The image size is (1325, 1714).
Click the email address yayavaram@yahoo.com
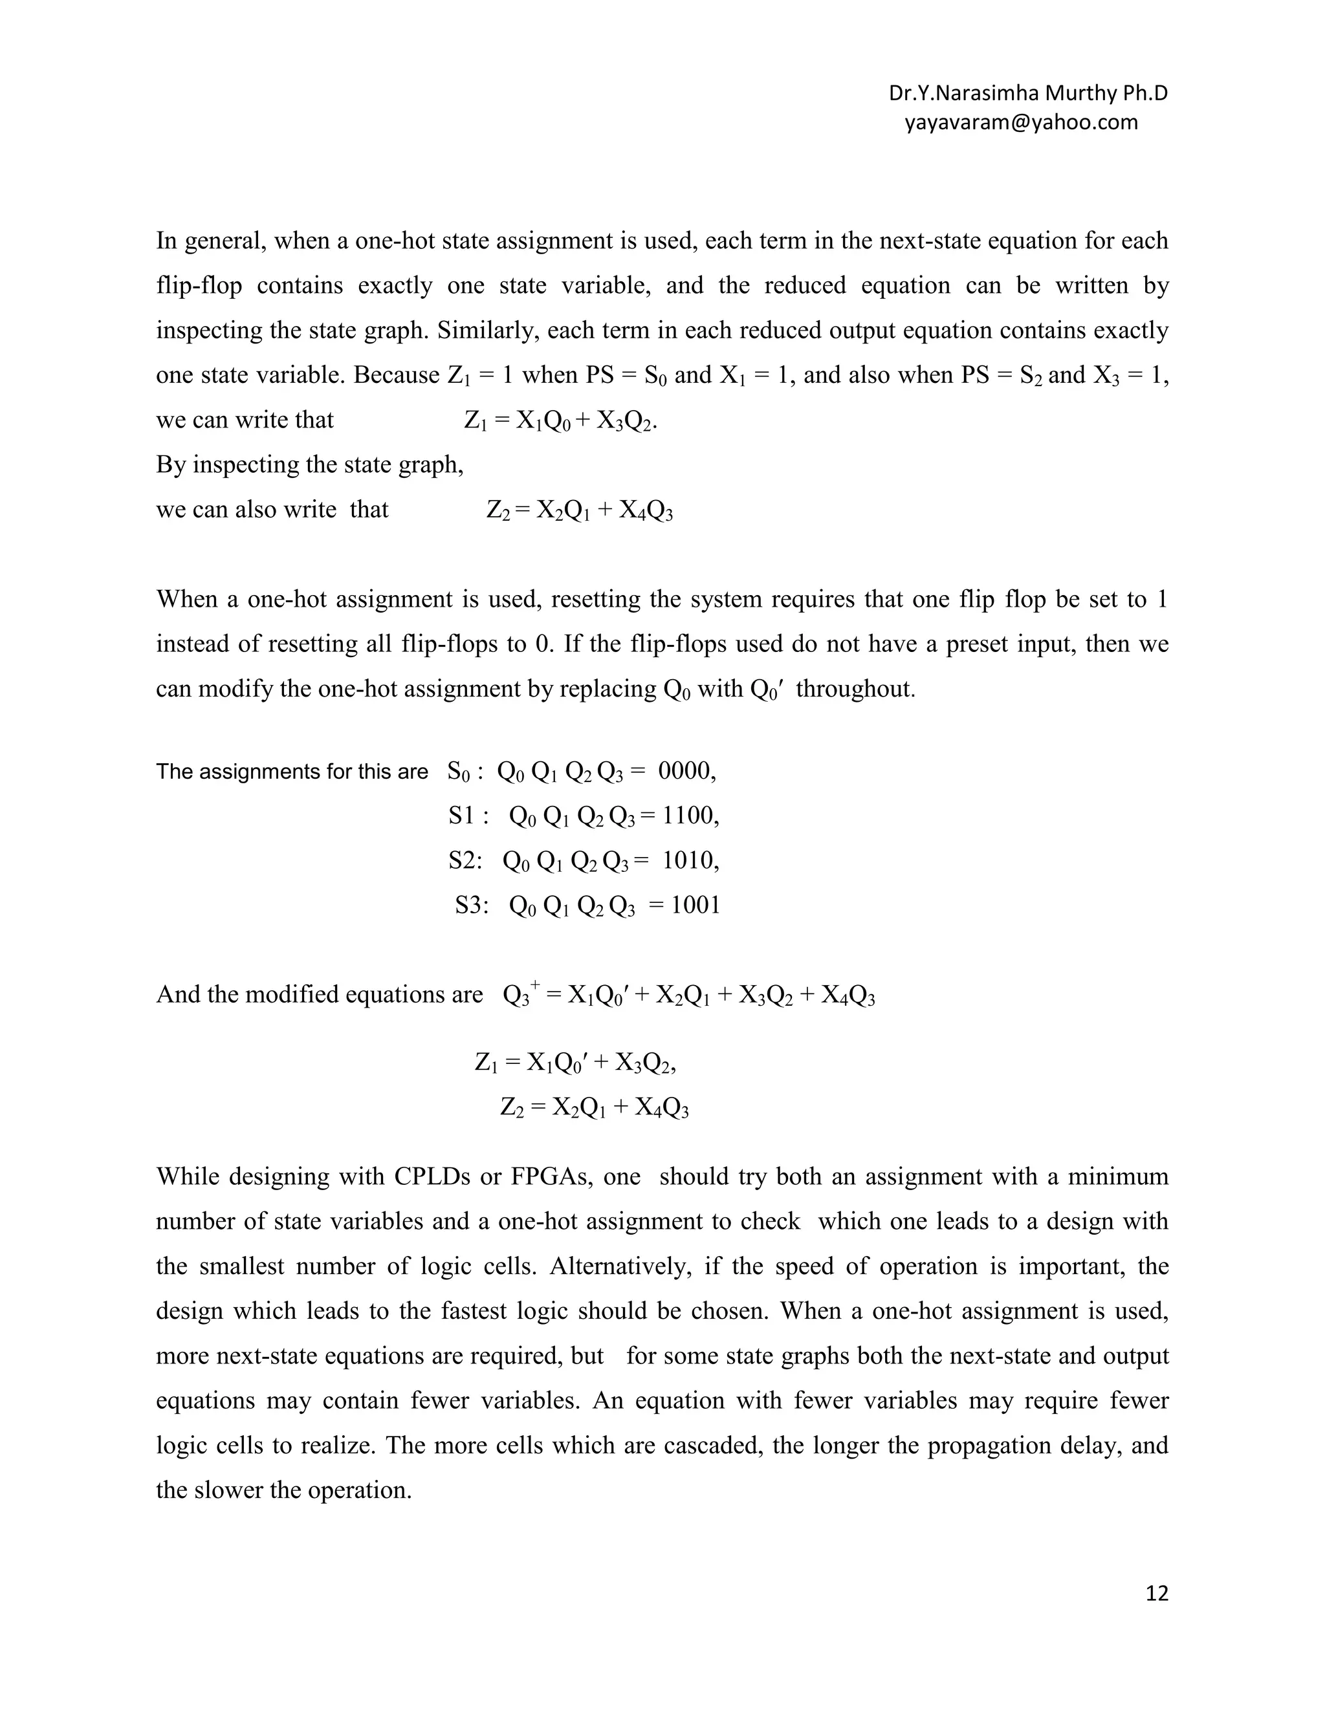tap(1020, 122)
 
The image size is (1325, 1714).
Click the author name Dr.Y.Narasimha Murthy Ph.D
tap(1027, 93)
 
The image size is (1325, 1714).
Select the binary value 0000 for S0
tap(684, 772)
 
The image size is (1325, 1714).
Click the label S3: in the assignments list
tap(472, 906)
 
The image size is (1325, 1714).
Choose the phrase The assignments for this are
tap(292, 772)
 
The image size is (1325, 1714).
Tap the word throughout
tap(855, 689)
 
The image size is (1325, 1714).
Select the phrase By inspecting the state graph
tap(309, 464)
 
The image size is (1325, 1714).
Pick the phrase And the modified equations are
tap(320, 994)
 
